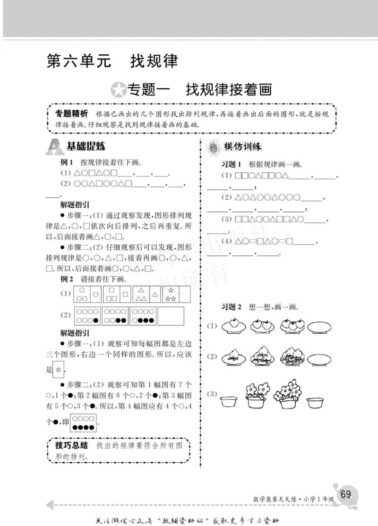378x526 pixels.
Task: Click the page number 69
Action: [x=345, y=494]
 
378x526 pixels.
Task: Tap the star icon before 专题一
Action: [x=117, y=89]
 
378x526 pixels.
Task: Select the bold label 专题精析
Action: [x=71, y=114]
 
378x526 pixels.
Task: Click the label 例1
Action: [x=67, y=161]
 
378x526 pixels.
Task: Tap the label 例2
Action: [x=67, y=280]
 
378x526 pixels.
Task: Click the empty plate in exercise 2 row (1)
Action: [x=322, y=328]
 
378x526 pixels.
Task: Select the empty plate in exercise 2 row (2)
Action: [x=322, y=359]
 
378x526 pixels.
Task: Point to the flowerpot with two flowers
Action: [x=257, y=395]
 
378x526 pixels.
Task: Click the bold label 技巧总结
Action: [x=71, y=445]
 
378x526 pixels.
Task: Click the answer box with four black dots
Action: [x=84, y=423]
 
